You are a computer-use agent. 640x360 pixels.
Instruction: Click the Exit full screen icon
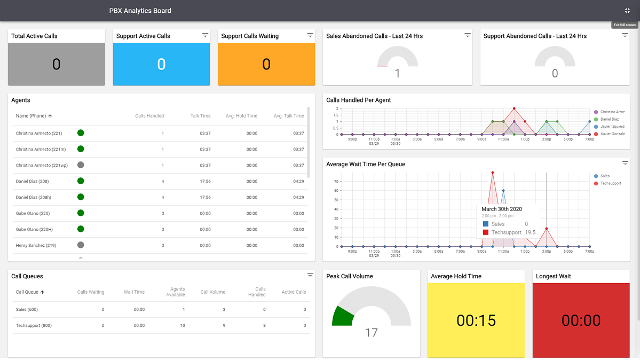pos(627,11)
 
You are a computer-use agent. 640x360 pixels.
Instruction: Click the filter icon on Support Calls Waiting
pos(310,35)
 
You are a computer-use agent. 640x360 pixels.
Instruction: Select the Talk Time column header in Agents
pos(201,116)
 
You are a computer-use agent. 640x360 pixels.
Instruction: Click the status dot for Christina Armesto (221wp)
pos(81,165)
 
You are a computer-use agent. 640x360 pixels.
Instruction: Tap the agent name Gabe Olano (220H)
pos(34,230)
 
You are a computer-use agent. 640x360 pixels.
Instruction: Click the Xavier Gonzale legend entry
pos(612,134)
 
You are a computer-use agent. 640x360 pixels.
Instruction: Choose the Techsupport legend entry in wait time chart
pos(610,184)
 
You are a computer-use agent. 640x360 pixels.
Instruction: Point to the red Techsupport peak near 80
pos(493,173)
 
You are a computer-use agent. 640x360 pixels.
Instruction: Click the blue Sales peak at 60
pos(503,191)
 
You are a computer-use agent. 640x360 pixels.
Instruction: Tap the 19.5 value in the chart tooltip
pos(530,233)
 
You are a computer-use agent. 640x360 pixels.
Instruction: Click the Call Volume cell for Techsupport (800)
pos(224,326)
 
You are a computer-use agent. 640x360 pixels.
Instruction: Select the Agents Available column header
pos(178,292)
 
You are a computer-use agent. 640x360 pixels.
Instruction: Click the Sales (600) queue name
pos(27,310)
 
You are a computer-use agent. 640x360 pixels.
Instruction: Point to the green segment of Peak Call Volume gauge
pos(340,317)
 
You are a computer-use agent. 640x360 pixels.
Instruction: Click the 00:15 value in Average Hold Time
pos(476,320)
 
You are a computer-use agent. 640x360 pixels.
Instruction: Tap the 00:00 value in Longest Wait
pos(581,320)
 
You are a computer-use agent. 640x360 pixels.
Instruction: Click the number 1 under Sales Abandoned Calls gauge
pos(397,74)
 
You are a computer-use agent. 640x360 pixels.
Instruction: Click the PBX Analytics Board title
pos(140,11)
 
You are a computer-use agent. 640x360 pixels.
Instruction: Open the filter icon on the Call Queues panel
pos(310,276)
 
